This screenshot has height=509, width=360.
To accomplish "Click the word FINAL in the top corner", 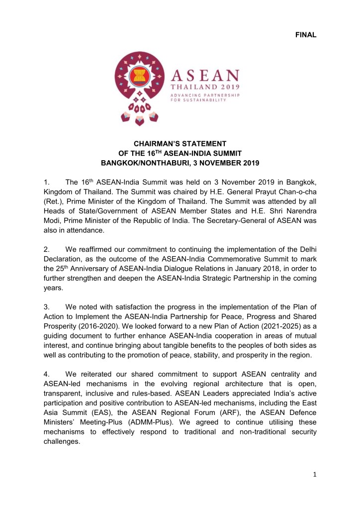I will [x=305, y=34].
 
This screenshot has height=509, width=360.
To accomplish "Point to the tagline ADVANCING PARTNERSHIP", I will [x=206, y=95].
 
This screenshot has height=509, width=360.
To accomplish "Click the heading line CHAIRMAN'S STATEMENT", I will [x=180, y=143].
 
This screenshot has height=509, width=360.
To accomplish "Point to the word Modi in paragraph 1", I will [x=52, y=219].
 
